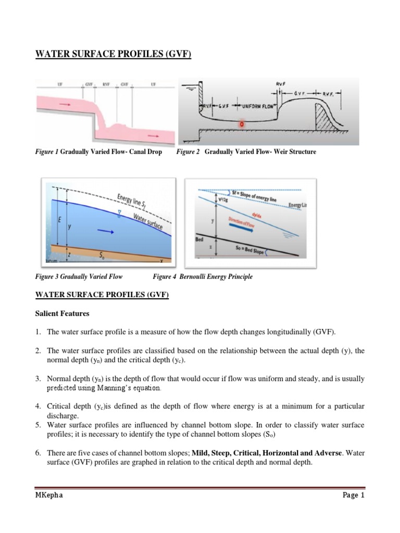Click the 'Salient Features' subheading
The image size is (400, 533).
pyautogui.click(x=62, y=314)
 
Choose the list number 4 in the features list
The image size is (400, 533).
pyautogui.click(x=38, y=405)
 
